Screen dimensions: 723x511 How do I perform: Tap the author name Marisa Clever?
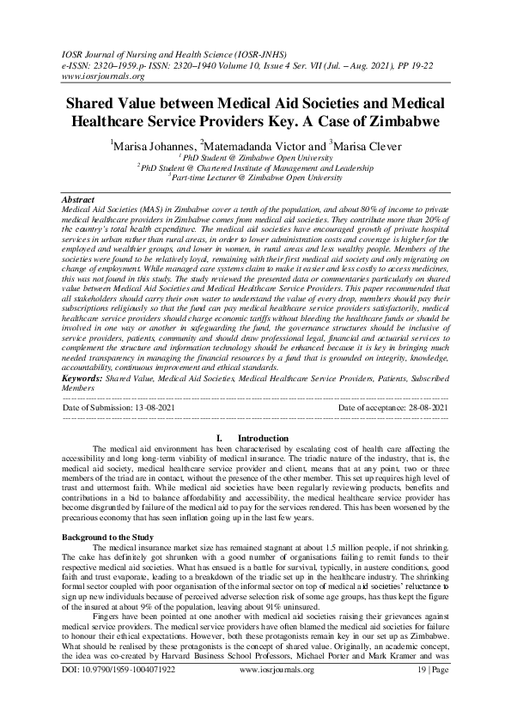click(368, 146)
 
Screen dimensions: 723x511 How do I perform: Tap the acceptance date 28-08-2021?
click(420, 407)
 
